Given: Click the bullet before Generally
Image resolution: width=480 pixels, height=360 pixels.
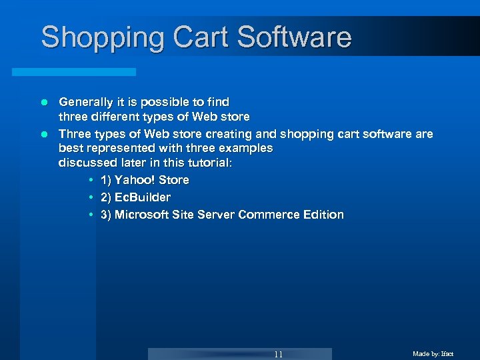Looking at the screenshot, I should [x=45, y=103].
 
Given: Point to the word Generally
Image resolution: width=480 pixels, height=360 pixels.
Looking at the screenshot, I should [x=87, y=102].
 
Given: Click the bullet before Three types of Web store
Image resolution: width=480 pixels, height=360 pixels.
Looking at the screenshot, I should [x=45, y=135].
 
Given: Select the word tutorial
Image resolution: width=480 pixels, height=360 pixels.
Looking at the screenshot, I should [x=207, y=163].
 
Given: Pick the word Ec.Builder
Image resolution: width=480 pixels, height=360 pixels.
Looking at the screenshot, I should [x=143, y=197].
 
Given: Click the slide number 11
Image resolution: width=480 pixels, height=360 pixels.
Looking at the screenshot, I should [x=278, y=354].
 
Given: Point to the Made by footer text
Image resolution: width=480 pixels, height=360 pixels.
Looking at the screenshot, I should [x=433, y=354].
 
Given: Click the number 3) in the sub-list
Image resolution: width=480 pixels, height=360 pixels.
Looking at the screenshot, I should [x=106, y=215].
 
